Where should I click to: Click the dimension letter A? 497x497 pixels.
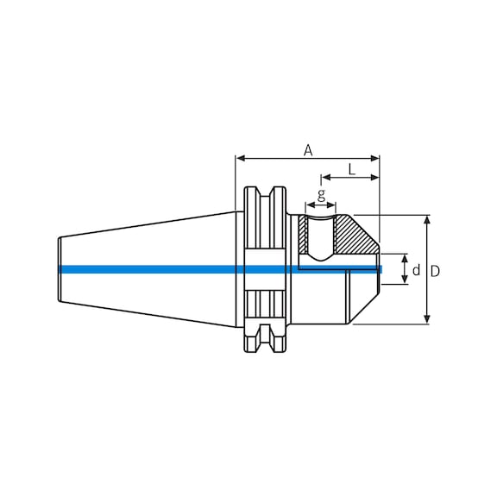tap(308, 150)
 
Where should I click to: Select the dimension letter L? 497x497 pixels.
tap(352, 170)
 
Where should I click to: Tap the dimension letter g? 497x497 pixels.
tap(321, 196)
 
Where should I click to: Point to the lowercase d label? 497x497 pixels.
tap(416, 270)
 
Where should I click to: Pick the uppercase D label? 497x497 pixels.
tap(435, 271)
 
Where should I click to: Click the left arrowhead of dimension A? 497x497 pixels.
tap(241, 158)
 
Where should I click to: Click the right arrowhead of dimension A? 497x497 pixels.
tap(374, 158)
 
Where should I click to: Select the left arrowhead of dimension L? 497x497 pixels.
tap(326, 178)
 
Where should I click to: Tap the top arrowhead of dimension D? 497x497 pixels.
tap(427, 220)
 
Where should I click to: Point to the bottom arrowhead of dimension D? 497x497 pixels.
tap(427, 319)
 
